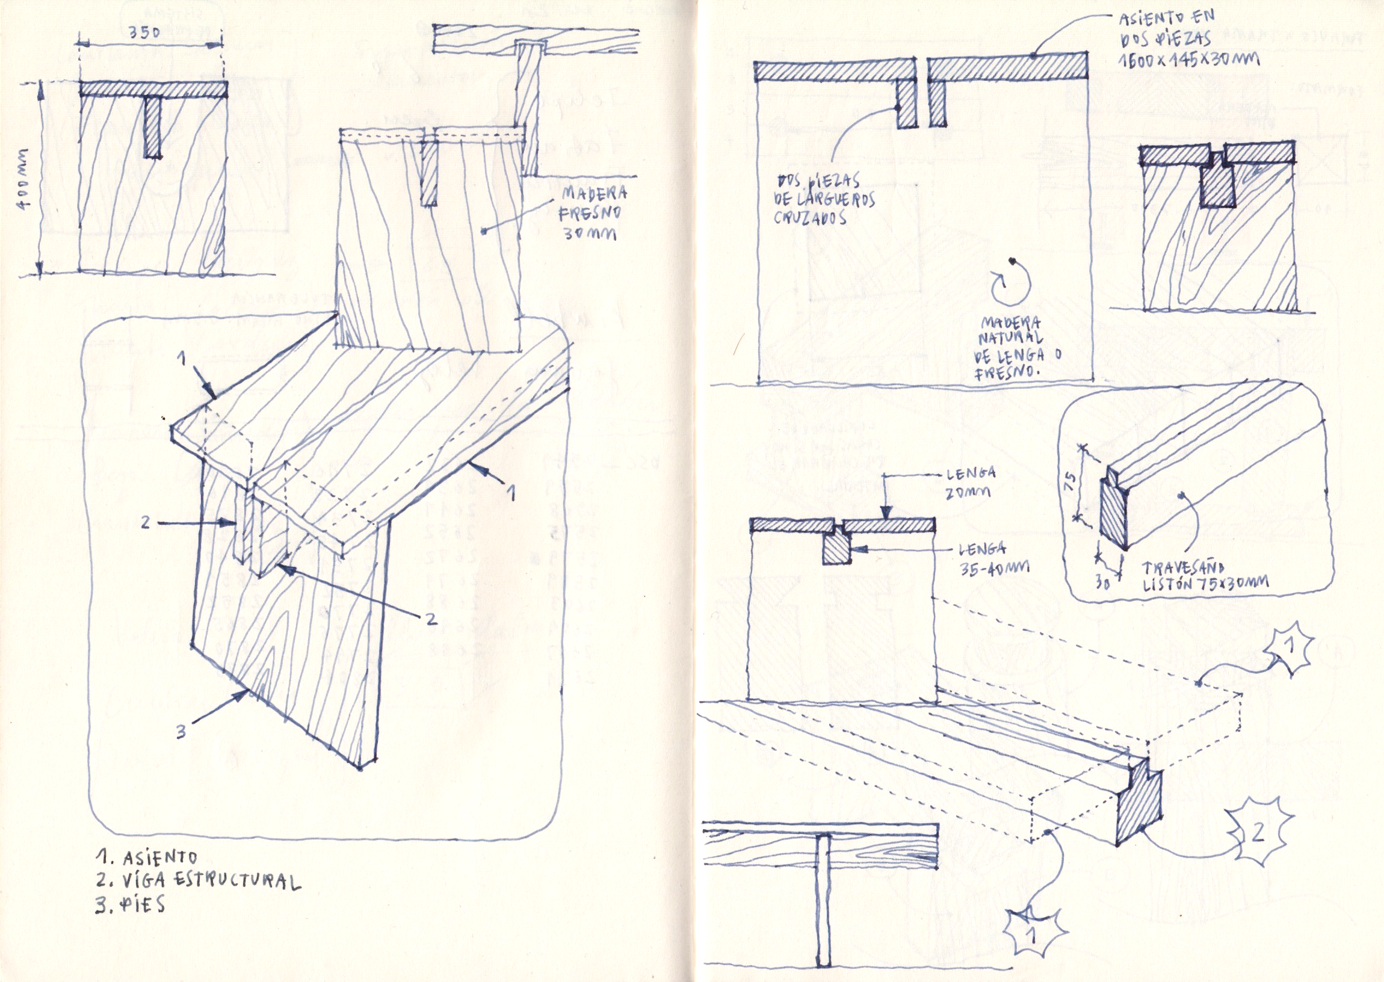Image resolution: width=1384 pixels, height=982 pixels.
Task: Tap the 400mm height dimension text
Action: (25, 179)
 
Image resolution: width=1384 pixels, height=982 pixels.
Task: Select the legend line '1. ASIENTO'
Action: (147, 857)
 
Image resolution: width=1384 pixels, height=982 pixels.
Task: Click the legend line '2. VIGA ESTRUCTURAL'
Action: (198, 880)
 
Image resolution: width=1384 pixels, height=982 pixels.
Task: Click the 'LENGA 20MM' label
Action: (969, 482)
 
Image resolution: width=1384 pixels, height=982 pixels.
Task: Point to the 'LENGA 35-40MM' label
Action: (993, 559)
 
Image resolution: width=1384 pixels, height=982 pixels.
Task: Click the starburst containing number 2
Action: (1258, 833)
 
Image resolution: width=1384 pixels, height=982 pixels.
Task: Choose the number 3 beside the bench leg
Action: (181, 732)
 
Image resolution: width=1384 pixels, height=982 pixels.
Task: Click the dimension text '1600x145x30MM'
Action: (1179, 59)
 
